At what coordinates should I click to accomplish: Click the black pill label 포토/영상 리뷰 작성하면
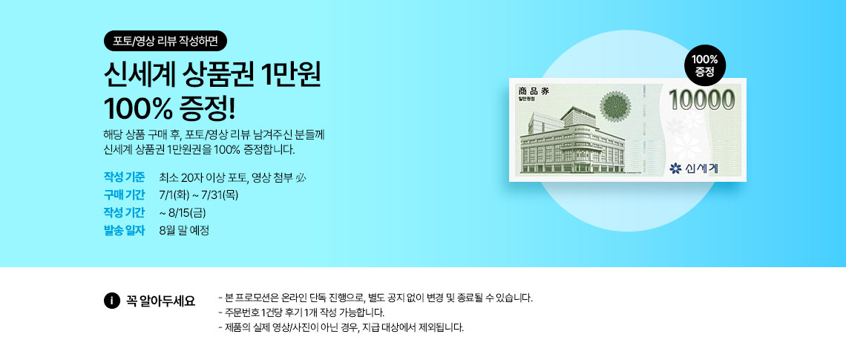(x=165, y=41)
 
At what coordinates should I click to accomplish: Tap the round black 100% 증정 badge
(x=705, y=65)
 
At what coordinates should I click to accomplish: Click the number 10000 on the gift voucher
(x=702, y=100)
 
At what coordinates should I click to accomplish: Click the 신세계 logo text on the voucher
(x=702, y=169)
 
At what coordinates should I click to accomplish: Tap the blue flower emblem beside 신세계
(x=675, y=169)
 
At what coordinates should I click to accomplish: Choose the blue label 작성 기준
(x=124, y=177)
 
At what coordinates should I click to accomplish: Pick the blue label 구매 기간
(x=124, y=194)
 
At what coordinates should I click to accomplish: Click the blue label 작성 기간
(x=124, y=212)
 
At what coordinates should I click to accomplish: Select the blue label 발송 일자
(x=124, y=230)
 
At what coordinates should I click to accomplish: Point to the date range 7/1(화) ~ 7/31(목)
(x=199, y=194)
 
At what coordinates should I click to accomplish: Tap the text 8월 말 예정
(x=184, y=230)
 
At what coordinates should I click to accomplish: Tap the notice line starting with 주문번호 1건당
(x=302, y=312)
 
